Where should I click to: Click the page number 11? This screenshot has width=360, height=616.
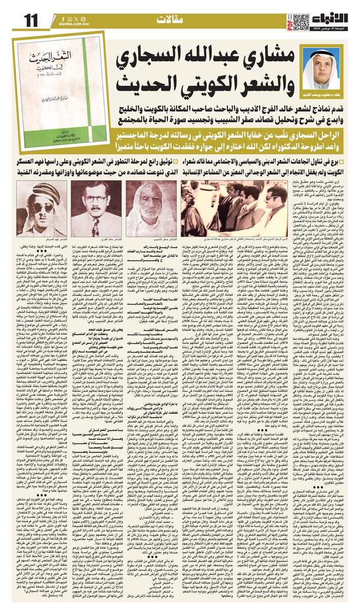(30, 20)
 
